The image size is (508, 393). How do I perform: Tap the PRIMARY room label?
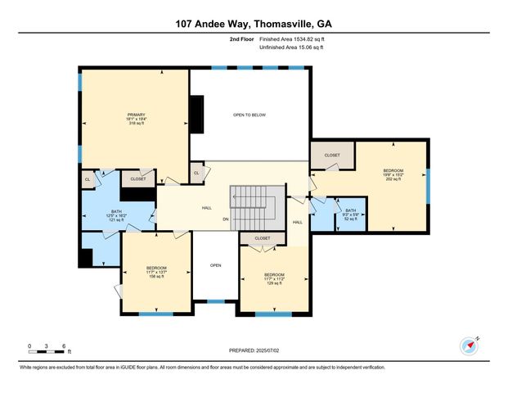coord(136,114)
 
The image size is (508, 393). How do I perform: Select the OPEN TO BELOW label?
coord(249,115)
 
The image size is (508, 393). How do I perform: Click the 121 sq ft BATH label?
coord(116,215)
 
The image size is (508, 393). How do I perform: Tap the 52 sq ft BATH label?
coord(350,215)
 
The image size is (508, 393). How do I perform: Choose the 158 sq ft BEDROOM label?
coord(156,272)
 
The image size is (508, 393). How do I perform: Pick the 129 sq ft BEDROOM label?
coord(274,278)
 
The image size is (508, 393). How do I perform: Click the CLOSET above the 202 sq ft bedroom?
coord(331,155)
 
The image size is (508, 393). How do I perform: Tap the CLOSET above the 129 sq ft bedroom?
coord(262,238)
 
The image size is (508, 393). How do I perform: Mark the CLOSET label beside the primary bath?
coord(137,178)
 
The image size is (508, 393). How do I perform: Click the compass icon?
coord(468,345)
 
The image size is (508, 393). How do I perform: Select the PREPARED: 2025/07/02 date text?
coord(254,350)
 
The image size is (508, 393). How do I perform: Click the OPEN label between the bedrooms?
coord(215,265)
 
